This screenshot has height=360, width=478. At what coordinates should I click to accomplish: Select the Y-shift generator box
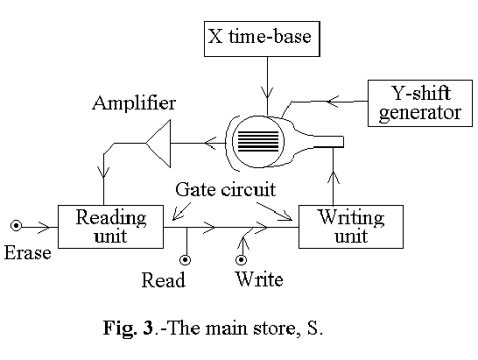point(415,102)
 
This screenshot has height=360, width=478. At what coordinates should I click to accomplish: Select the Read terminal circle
point(186,260)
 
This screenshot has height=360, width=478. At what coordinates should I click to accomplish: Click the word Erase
point(28,254)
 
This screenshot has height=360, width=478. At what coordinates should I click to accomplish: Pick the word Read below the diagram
point(164,281)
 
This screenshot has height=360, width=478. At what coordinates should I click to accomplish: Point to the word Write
point(258,281)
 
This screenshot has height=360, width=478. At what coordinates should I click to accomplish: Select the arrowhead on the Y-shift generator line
point(333,102)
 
